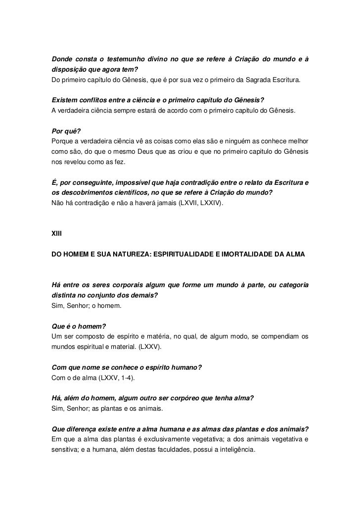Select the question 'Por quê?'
coord(66,131)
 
